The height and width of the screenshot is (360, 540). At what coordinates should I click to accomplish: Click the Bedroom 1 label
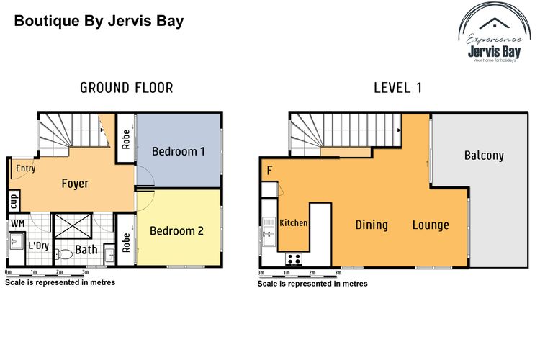tap(179, 151)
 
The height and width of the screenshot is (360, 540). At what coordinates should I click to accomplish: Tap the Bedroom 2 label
tap(176, 231)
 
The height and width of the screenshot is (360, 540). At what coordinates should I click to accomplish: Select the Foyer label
tap(75, 184)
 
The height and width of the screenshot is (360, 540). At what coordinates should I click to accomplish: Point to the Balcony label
tap(484, 156)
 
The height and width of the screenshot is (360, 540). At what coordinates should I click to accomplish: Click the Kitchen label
tap(294, 223)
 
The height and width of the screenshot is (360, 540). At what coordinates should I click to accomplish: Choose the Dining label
tap(372, 225)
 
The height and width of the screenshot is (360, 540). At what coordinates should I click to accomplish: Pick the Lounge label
tap(431, 225)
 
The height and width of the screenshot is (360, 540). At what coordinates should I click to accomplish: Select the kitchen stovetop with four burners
tap(294, 258)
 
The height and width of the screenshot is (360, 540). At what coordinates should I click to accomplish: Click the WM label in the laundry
tap(17, 224)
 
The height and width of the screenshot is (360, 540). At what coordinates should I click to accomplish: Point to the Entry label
tap(26, 168)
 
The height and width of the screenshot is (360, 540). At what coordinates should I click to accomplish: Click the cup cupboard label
tap(14, 199)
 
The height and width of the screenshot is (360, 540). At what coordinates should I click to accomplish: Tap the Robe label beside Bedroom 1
tap(126, 139)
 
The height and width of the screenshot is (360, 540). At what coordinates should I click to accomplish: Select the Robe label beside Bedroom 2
tap(126, 243)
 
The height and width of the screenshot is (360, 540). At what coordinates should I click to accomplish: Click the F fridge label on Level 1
tap(269, 171)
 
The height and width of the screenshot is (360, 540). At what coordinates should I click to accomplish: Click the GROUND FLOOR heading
tap(126, 89)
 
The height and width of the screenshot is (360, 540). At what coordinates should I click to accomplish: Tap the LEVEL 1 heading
tap(397, 89)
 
